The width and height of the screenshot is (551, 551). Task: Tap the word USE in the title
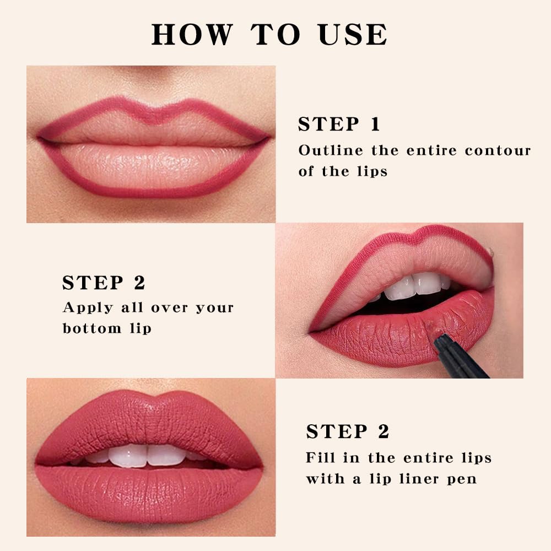pyautogui.click(x=352, y=34)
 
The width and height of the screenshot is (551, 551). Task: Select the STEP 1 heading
pyautogui.click(x=339, y=125)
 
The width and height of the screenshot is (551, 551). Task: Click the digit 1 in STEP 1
pyautogui.click(x=375, y=125)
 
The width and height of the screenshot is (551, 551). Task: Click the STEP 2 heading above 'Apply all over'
pyautogui.click(x=104, y=283)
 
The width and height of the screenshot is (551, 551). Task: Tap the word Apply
pyautogui.click(x=83, y=308)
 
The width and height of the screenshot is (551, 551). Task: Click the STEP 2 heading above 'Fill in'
pyautogui.click(x=348, y=432)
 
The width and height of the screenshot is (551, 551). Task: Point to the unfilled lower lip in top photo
pyautogui.click(x=152, y=165)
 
